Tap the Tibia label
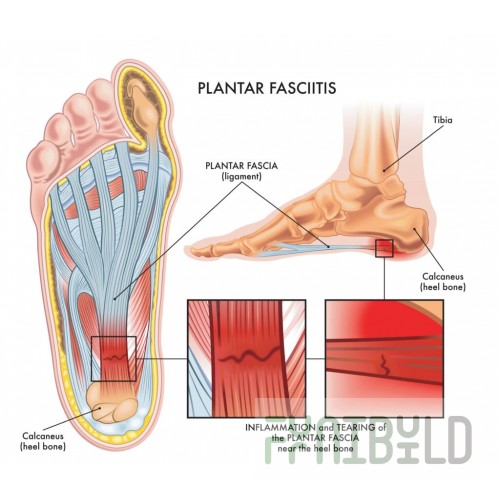click(443, 120)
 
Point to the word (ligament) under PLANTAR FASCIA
click(241, 176)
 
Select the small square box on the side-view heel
click(384, 248)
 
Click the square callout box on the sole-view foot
click(114, 359)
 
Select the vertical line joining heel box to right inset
click(384, 278)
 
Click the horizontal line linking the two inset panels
click(316, 359)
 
